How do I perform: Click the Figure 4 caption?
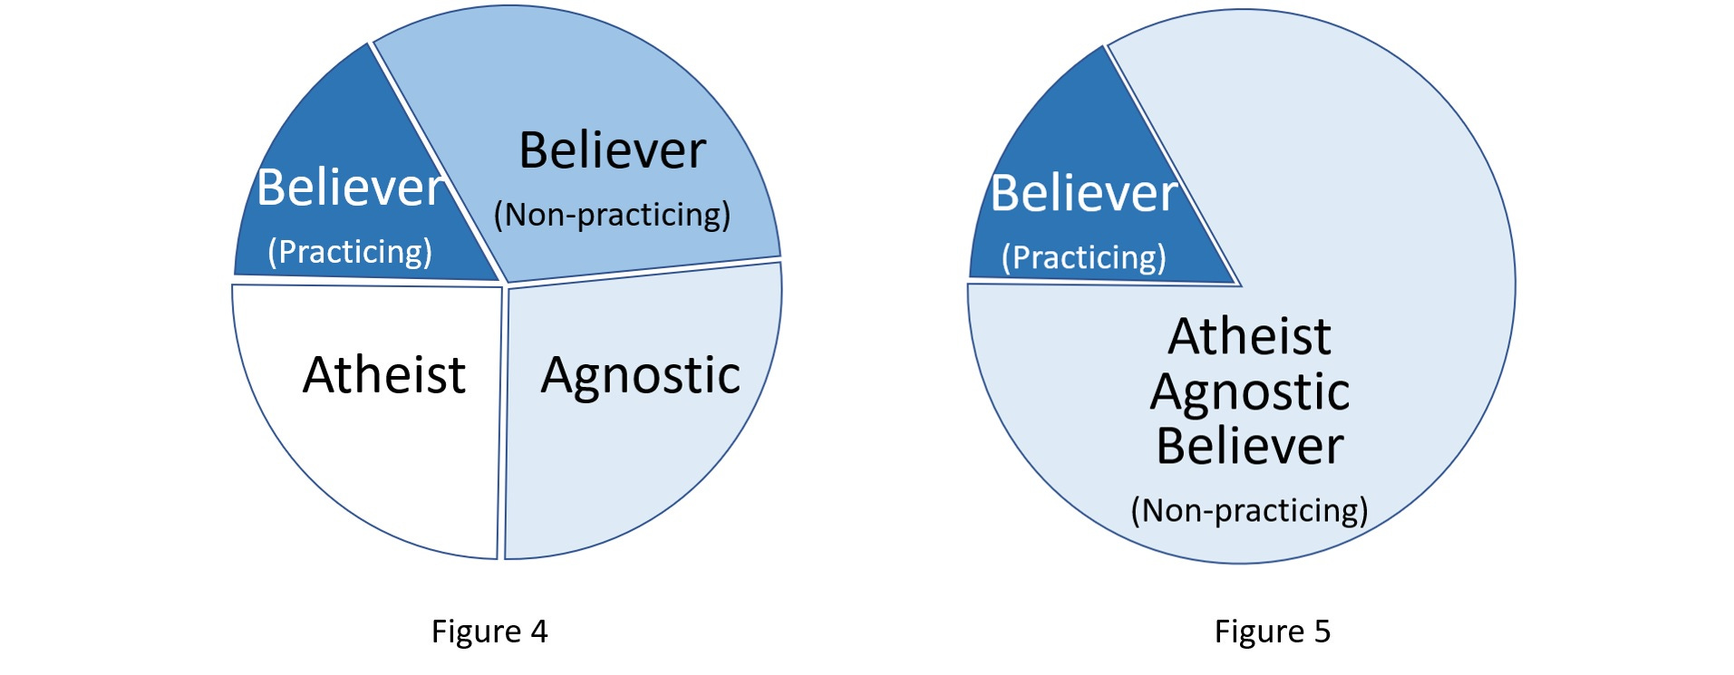point(489,632)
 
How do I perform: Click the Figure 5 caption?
point(1272,632)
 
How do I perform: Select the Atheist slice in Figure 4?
point(381,453)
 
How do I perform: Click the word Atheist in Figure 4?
point(384,375)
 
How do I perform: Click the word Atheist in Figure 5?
point(1249,337)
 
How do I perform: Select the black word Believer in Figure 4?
point(612,150)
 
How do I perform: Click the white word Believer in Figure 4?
point(349,188)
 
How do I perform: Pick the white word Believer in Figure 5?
point(1083,193)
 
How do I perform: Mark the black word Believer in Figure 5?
point(1250,446)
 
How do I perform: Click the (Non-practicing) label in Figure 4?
point(612,215)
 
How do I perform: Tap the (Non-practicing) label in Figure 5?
point(1249,510)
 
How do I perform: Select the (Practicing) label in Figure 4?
point(350,252)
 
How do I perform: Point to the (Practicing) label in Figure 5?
point(1084,257)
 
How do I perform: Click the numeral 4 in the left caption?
point(539,632)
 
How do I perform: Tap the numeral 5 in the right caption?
point(1322,632)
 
